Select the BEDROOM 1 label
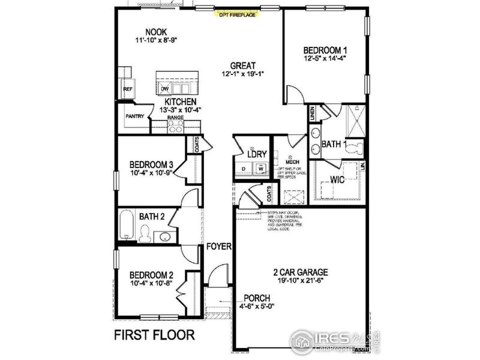(x=325, y=50)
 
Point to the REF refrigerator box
(x=127, y=89)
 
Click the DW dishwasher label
(x=164, y=89)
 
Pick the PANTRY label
(x=134, y=116)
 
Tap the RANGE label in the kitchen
(x=176, y=118)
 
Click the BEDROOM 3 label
(x=152, y=164)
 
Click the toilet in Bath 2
(x=145, y=233)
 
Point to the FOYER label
(x=218, y=247)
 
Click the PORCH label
(x=256, y=298)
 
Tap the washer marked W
(x=261, y=169)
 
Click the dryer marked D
(x=243, y=169)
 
